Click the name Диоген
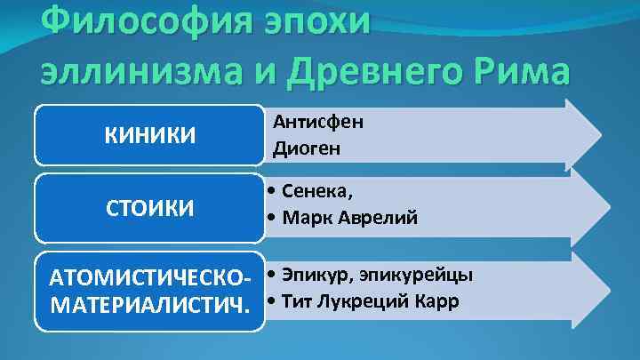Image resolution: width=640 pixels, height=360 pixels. [x=308, y=148]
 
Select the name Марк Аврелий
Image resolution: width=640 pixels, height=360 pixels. [x=348, y=218]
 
